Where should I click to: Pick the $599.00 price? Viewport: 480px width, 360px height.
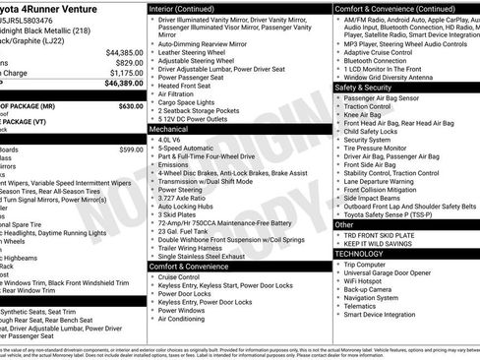point(131,150)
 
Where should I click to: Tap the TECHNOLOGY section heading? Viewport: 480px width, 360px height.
point(360,254)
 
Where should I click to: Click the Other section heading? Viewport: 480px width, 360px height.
point(344,225)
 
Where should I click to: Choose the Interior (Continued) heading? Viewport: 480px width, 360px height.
point(189,8)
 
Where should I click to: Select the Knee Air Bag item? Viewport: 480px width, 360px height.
point(366,115)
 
